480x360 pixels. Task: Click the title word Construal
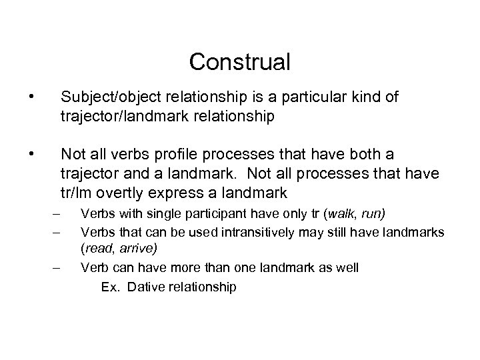click(240, 62)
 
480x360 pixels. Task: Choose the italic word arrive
click(137, 248)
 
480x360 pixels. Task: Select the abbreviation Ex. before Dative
click(110, 287)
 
